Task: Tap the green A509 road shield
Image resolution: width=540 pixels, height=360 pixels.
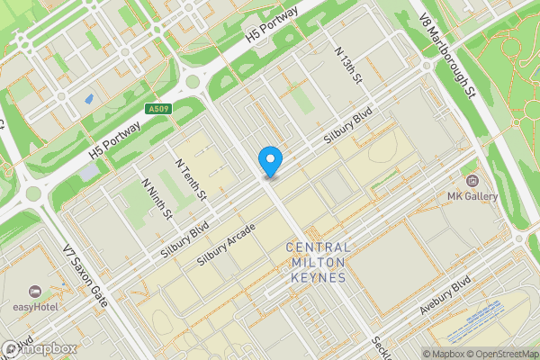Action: pos(158,109)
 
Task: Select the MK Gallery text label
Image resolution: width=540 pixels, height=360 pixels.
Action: pos(473,196)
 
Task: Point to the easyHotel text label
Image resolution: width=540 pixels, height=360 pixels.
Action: pos(35,307)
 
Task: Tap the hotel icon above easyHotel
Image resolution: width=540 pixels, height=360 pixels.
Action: pos(35,291)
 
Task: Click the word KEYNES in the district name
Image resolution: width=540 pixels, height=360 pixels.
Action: pos(316,278)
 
